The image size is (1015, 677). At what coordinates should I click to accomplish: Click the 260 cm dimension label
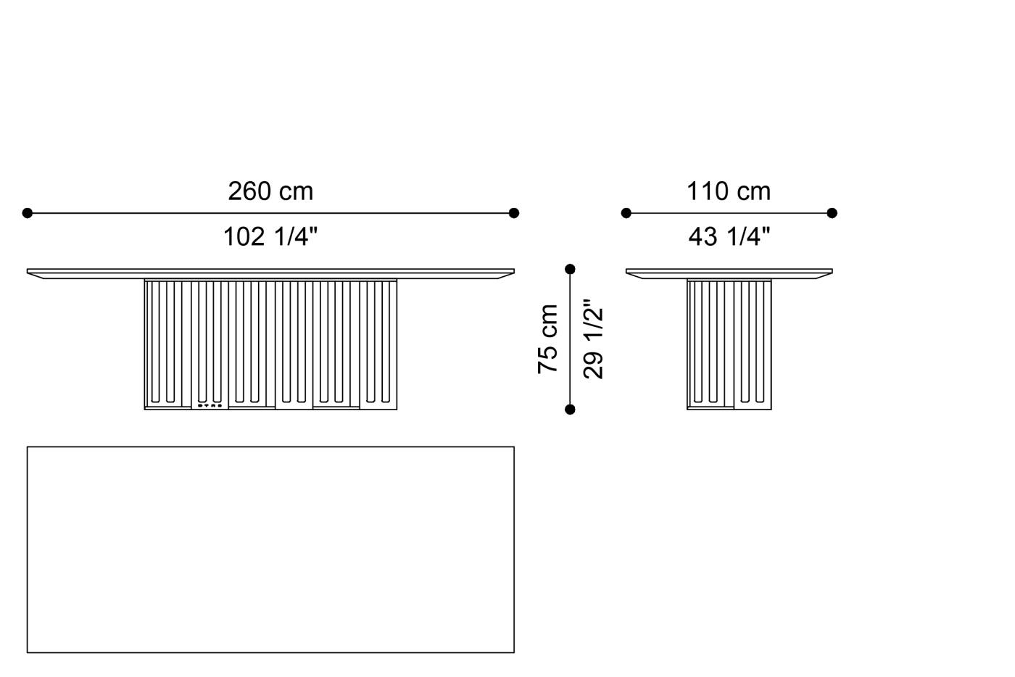coord(270,191)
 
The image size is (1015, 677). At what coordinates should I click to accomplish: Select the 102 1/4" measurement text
coord(270,236)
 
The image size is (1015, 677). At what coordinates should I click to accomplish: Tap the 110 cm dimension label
coord(729,191)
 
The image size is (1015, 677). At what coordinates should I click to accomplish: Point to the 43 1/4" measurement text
coord(729,236)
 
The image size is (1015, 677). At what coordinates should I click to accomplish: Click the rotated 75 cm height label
coord(548,339)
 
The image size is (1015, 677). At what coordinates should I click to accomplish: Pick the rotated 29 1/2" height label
coord(593,339)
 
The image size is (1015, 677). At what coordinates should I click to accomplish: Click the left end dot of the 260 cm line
coord(28,213)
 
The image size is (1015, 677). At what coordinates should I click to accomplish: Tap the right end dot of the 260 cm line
coord(514,213)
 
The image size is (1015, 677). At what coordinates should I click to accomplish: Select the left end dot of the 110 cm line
coord(626,213)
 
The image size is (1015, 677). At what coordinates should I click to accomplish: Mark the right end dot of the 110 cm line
coord(832,213)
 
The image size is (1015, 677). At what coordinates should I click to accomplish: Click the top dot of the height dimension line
coord(570,270)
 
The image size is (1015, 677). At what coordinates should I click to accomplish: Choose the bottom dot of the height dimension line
coord(570,410)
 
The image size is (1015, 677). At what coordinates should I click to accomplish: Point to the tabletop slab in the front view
coord(270,273)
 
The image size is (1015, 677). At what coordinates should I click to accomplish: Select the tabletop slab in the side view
coord(729,273)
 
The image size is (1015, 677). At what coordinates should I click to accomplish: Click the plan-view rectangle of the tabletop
coord(270,549)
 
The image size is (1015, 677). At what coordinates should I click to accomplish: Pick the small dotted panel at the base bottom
coord(210,406)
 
